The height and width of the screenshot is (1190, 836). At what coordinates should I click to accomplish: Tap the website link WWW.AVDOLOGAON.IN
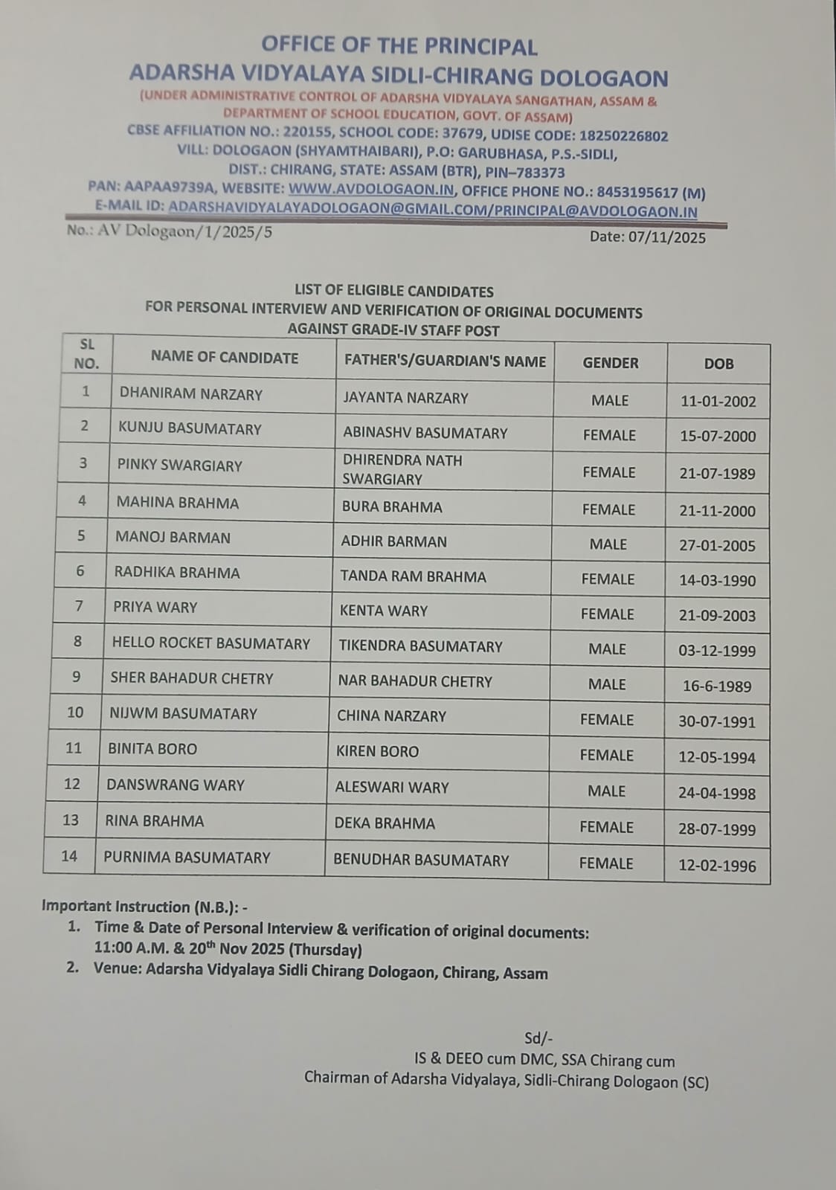[x=371, y=190]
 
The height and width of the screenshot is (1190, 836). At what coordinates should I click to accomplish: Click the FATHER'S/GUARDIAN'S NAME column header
[x=445, y=361]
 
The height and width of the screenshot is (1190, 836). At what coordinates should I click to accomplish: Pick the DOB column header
[x=718, y=364]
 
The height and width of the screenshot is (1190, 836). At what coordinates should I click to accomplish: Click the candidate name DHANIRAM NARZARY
[x=190, y=394]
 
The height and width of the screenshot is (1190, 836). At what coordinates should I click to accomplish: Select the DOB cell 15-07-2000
[x=718, y=437]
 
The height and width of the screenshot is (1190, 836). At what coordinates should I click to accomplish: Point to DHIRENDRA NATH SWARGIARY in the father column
[x=402, y=469]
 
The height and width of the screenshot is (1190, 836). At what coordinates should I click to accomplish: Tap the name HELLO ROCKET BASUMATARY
[x=211, y=643]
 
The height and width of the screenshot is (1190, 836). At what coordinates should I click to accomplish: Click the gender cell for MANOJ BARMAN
[x=608, y=544]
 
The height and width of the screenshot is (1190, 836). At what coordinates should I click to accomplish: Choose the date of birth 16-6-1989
[x=717, y=686]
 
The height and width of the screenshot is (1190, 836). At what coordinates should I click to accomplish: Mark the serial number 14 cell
[x=69, y=856]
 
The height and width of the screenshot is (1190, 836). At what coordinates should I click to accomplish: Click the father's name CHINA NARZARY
[x=391, y=716]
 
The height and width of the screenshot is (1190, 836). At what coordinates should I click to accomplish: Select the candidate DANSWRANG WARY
[x=176, y=785]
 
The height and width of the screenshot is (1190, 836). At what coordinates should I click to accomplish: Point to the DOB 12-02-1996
[x=717, y=866]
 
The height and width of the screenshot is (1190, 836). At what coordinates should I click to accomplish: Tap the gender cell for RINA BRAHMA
[x=606, y=827]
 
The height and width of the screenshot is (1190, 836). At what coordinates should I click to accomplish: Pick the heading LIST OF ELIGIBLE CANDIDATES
[x=394, y=291]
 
